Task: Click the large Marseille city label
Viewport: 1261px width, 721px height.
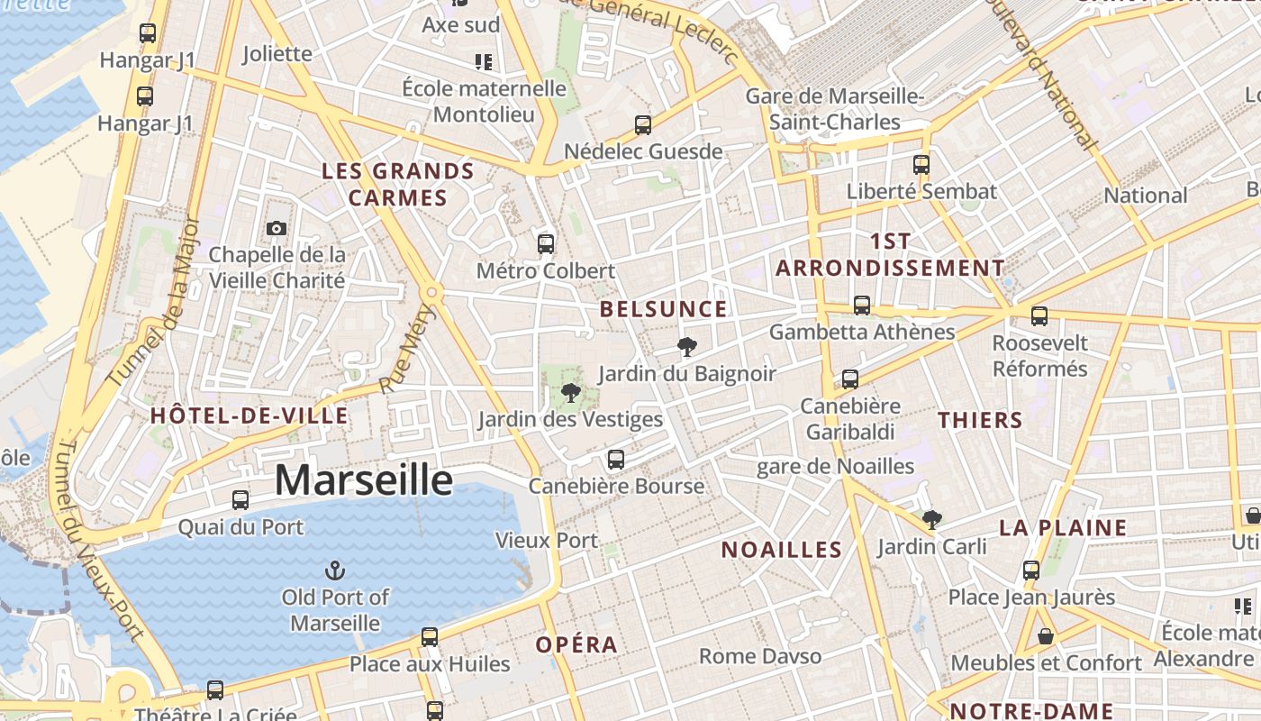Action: coord(363,479)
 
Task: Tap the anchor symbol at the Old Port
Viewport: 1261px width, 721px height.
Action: coord(335,570)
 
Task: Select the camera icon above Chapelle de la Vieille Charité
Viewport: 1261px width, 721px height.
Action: coord(277,228)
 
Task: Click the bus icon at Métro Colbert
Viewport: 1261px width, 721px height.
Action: coord(545,243)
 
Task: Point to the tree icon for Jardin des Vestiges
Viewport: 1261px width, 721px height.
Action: coord(569,392)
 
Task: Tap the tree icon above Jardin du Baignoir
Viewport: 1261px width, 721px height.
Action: coord(686,346)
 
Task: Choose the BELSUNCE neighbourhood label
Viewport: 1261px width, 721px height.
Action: coord(663,309)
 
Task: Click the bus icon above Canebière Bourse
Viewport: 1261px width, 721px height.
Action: coord(616,460)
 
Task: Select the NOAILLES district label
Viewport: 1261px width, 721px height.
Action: coord(781,549)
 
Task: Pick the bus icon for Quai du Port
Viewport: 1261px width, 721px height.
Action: coord(240,500)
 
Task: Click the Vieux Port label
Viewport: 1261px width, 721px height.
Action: coord(546,541)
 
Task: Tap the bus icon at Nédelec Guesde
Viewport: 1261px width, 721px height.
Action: coord(643,125)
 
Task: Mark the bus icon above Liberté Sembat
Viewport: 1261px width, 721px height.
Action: coord(921,165)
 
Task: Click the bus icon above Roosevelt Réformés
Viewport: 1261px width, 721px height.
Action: coord(1039,316)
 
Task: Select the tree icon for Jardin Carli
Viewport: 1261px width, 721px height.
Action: coord(931,519)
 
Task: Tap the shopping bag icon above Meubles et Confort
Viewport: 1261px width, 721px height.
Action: coord(1046,636)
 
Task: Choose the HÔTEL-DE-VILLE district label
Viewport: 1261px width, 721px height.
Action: coord(249,415)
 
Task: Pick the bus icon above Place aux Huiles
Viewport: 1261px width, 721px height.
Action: coord(430,637)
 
